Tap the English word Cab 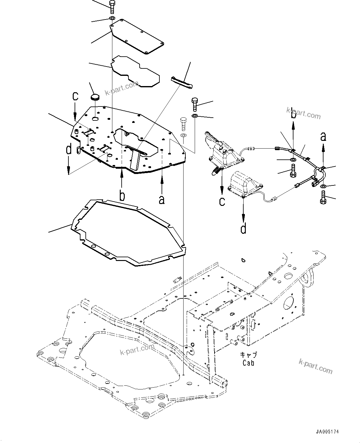pos(248,363)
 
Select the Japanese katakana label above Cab pos(249,355)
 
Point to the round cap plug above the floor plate pos(95,98)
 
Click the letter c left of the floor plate pos(75,96)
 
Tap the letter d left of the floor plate pos(69,150)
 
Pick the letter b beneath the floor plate pos(122,196)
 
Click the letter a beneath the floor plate pos(162,200)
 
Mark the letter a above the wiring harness pos(323,137)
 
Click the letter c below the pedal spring pos(222,201)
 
